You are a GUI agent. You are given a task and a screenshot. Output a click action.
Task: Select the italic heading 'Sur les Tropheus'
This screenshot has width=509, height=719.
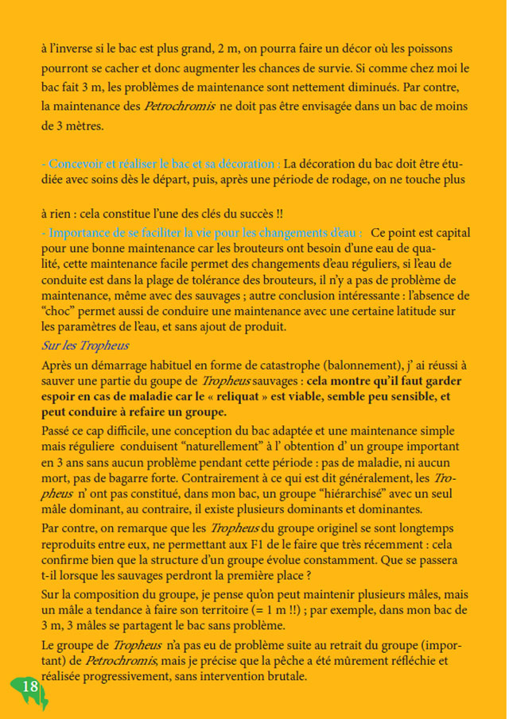85,346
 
